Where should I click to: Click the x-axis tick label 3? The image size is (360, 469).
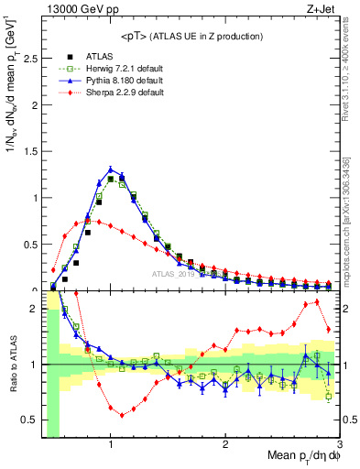[x=339, y=445]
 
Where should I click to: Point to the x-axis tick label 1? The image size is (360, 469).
[x=111, y=445]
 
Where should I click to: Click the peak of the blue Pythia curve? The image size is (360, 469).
[x=111, y=169]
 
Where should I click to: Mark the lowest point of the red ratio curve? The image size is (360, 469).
[x=122, y=415]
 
